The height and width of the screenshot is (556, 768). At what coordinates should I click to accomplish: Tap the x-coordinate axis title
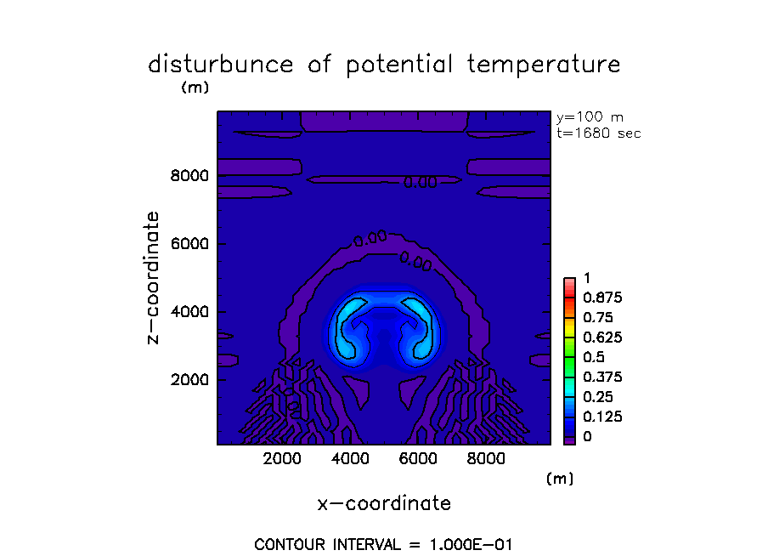pyautogui.click(x=384, y=503)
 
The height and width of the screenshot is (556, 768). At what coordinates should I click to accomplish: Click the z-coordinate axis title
pyautogui.click(x=154, y=278)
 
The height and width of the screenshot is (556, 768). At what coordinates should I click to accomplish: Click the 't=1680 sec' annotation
pyautogui.click(x=598, y=133)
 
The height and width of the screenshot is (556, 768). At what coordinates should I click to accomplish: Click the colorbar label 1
pyautogui.click(x=585, y=278)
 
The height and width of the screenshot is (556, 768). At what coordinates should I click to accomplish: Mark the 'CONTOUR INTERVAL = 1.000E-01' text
pyautogui.click(x=384, y=544)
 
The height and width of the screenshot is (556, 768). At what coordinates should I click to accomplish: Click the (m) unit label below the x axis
pyautogui.click(x=559, y=479)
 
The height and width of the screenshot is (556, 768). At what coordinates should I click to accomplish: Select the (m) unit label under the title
pyautogui.click(x=195, y=88)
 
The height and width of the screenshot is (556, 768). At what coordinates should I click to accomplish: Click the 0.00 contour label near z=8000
pyautogui.click(x=420, y=181)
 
